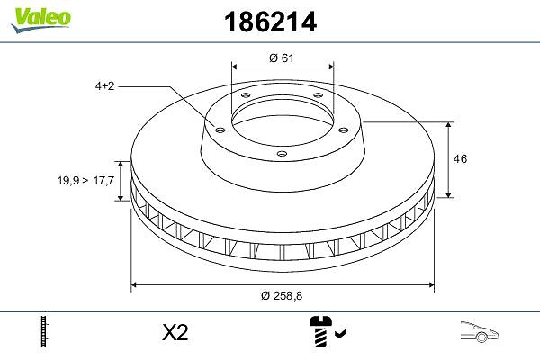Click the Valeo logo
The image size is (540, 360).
(x=40, y=19)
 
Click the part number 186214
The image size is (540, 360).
(x=270, y=22)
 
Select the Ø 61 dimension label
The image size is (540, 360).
(x=282, y=58)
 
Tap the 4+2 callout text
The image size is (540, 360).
(x=104, y=85)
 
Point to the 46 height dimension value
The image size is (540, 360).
(x=460, y=158)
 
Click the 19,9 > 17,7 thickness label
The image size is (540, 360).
(x=85, y=180)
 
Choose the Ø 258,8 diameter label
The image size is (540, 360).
(x=282, y=295)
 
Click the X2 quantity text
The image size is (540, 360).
(x=175, y=333)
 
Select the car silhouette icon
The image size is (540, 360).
(x=479, y=331)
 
